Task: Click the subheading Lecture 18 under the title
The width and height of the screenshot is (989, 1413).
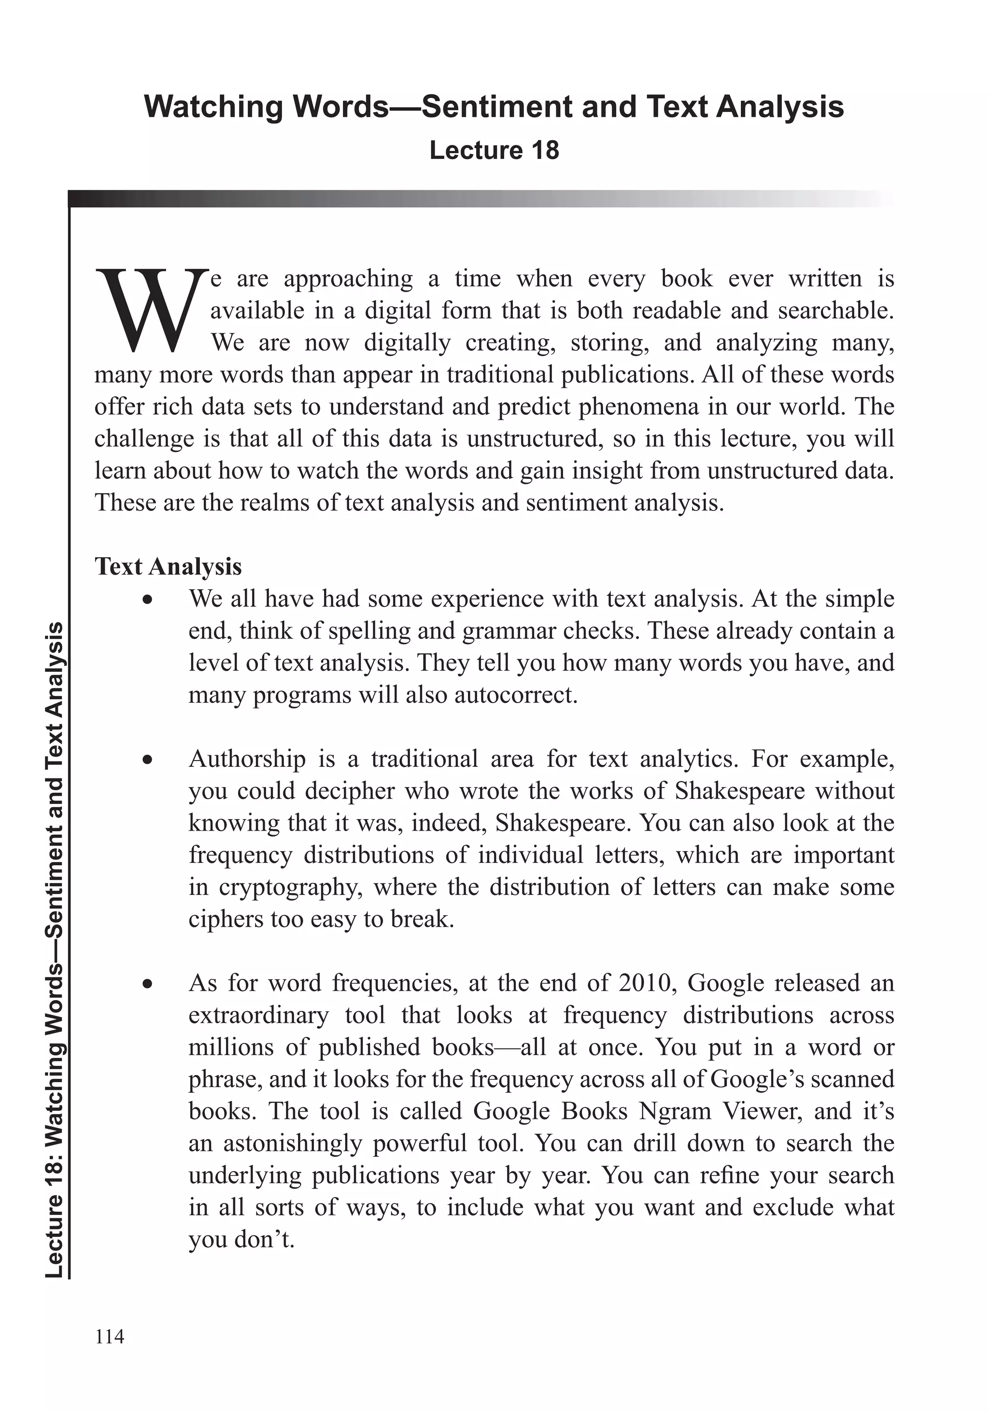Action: [494, 150]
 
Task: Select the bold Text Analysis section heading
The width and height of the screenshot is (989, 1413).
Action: [168, 566]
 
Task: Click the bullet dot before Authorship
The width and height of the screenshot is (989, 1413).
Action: [146, 761]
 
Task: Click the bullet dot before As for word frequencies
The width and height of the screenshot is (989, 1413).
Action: [146, 985]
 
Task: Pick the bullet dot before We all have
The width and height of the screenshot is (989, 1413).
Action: [146, 601]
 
